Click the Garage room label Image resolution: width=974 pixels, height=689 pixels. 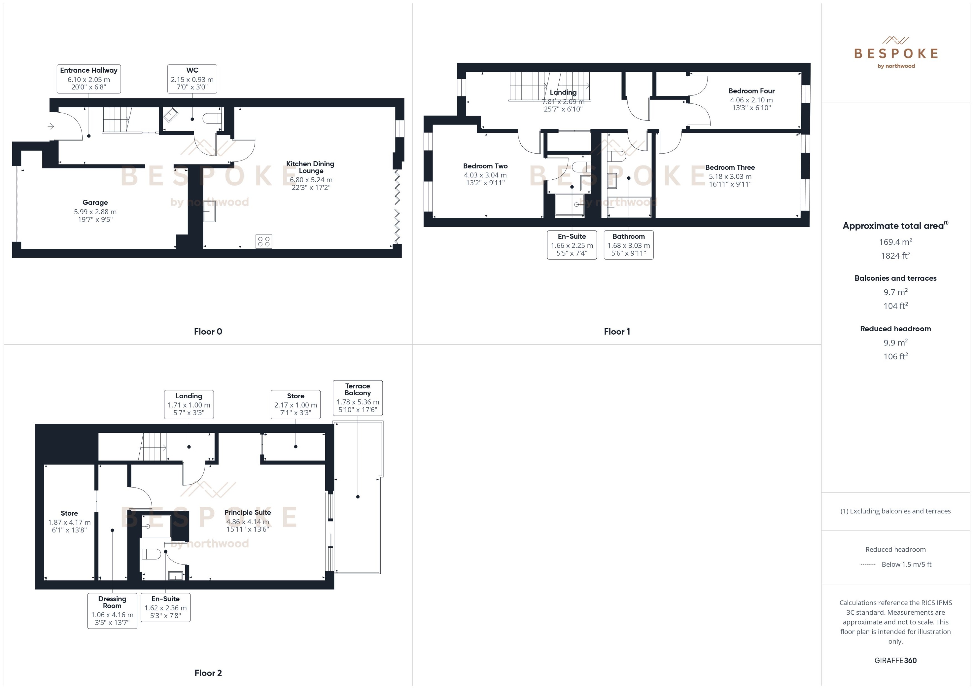95,203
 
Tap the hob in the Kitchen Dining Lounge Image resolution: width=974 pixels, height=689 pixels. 264,241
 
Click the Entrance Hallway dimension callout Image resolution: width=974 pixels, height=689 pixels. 89,79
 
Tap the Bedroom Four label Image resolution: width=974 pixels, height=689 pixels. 751,91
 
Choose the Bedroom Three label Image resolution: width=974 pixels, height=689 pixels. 730,167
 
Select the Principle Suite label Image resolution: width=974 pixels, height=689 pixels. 247,512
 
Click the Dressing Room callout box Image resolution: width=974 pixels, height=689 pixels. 112,611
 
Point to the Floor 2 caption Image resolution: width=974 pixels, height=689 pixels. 208,673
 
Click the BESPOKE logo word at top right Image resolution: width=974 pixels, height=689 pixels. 896,53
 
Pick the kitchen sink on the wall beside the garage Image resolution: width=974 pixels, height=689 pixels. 209,211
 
